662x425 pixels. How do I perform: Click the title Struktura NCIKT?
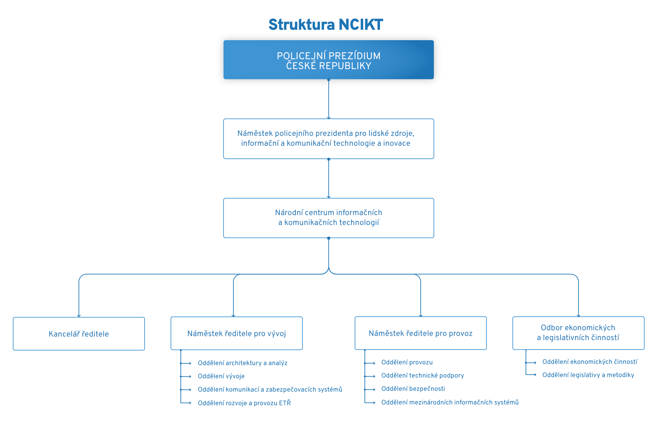(325, 25)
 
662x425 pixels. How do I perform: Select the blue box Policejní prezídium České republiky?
(328, 60)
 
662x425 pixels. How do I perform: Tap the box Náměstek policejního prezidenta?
(328, 139)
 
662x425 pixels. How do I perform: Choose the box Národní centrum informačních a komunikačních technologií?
(328, 218)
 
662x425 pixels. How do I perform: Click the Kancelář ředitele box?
(79, 334)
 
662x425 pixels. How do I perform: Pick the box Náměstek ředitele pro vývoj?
(236, 333)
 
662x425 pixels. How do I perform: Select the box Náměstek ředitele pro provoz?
(420, 333)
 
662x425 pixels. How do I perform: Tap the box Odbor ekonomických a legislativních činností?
(578, 333)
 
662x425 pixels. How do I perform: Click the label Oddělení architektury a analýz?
(242, 363)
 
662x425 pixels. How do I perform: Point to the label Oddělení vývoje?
(221, 376)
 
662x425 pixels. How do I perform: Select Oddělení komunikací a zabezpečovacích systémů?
(270, 389)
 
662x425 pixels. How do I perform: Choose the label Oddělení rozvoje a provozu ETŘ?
(244, 403)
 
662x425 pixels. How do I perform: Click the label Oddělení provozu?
(407, 362)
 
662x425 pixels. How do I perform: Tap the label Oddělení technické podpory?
(422, 376)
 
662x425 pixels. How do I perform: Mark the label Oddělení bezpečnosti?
(413, 389)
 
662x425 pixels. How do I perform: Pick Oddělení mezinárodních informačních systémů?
(450, 402)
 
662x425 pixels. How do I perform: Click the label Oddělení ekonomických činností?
(590, 362)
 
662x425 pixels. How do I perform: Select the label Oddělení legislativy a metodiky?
(588, 375)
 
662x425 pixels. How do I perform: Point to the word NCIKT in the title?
(361, 25)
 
